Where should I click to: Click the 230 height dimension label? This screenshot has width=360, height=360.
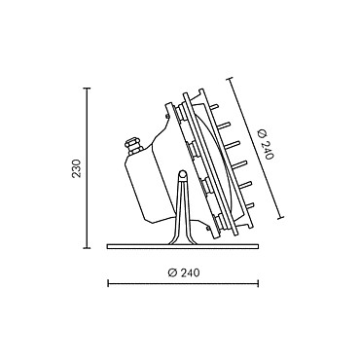point(76,168)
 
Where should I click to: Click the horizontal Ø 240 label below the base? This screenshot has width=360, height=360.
point(184,272)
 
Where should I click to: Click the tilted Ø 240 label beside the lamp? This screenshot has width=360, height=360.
point(266,145)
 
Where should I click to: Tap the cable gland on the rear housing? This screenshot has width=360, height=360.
point(133,145)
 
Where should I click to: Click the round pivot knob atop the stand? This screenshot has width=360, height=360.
point(183,175)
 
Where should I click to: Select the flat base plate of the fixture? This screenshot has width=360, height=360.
point(183,247)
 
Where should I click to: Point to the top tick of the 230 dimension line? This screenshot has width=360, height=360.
point(87,89)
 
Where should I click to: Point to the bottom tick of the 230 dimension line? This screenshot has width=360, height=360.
point(87,248)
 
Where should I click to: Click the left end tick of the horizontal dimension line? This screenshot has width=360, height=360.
point(108,284)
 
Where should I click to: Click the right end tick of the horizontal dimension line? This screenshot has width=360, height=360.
point(258,284)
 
